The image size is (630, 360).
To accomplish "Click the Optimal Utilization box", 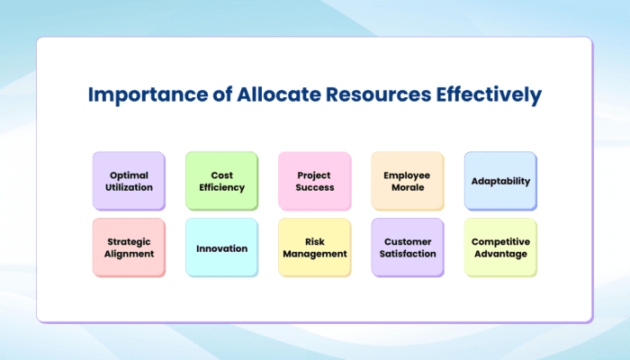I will click(x=129, y=181).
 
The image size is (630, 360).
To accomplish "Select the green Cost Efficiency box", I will click(x=221, y=181).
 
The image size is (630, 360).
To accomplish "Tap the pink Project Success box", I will click(x=314, y=181).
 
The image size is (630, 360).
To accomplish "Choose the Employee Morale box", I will click(x=407, y=181).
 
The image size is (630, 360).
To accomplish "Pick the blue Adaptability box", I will click(x=500, y=181).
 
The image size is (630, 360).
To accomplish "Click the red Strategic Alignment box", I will click(x=129, y=247).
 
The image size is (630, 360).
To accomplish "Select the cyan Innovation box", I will click(x=221, y=247).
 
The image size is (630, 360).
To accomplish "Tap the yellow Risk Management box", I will click(x=314, y=247).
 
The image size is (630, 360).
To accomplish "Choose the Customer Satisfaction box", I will click(x=407, y=247).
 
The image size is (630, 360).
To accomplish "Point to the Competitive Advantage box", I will click(x=500, y=247).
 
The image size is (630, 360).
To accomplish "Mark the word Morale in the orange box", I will click(x=408, y=187).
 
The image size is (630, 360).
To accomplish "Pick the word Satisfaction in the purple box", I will click(x=408, y=254).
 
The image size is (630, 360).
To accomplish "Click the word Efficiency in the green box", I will click(x=221, y=187).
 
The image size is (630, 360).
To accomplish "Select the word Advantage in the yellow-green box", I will click(x=500, y=254).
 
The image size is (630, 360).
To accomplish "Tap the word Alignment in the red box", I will click(x=129, y=254).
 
